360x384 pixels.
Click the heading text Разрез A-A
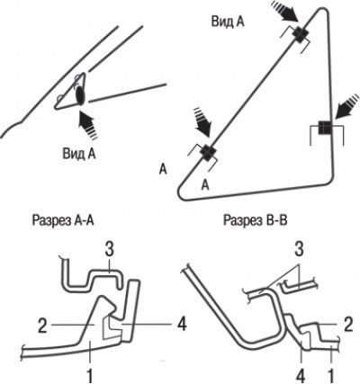[63, 220]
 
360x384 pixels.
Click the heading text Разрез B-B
[256, 220]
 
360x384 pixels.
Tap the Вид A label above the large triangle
[228, 22]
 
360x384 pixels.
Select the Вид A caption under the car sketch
[79, 154]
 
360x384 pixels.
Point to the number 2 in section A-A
[42, 326]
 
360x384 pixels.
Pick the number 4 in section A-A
[182, 325]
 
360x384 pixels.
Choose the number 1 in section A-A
[90, 374]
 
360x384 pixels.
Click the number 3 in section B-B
[299, 249]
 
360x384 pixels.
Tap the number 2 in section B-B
[347, 325]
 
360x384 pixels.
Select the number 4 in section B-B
[301, 374]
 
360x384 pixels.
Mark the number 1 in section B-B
[331, 374]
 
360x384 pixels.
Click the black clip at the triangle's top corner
[299, 34]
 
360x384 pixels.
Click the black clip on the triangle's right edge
[324, 128]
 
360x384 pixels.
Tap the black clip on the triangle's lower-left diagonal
[207, 151]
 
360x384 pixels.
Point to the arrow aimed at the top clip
[285, 11]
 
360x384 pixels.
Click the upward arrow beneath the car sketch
[87, 124]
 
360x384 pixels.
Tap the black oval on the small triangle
[80, 95]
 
